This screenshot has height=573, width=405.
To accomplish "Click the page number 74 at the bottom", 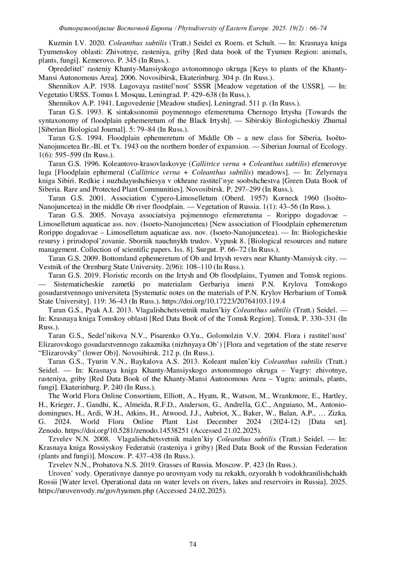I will click(193, 544).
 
